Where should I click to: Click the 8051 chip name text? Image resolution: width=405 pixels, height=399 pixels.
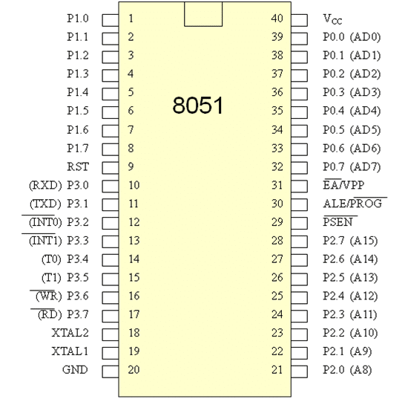pyautogui.click(x=197, y=106)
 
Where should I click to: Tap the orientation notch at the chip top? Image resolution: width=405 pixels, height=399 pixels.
pyautogui.click(x=203, y=14)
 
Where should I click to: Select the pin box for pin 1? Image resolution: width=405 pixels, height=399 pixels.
pyautogui.click(x=111, y=20)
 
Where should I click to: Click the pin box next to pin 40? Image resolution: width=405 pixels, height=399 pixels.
pyautogui.click(x=300, y=20)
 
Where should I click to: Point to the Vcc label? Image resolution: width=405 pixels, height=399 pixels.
pyautogui.click(x=332, y=19)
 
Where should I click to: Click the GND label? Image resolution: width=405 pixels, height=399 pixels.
pyautogui.click(x=75, y=369)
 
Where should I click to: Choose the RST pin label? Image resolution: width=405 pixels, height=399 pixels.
pyautogui.click(x=78, y=166)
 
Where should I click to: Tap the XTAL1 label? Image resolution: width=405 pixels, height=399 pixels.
pyautogui.click(x=70, y=351)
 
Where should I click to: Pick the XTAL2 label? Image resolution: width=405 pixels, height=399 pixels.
pyautogui.click(x=70, y=333)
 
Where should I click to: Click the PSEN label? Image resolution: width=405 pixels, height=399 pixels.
pyautogui.click(x=337, y=221)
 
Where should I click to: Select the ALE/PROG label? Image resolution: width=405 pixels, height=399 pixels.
pyautogui.click(x=352, y=203)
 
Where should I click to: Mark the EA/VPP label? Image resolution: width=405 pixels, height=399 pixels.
pyautogui.click(x=343, y=185)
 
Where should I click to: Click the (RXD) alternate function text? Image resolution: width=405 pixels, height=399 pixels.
pyautogui.click(x=45, y=185)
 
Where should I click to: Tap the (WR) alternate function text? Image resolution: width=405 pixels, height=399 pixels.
pyautogui.click(x=49, y=296)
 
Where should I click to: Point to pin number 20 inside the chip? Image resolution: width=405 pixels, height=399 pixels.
pyautogui.click(x=134, y=369)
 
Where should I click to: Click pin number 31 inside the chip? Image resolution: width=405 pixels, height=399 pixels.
pyautogui.click(x=277, y=185)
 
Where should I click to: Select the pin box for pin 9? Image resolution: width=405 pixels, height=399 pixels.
pyautogui.click(x=111, y=168)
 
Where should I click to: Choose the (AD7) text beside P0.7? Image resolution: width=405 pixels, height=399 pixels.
pyautogui.click(x=365, y=167)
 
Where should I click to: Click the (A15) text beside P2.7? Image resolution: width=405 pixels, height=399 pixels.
pyautogui.click(x=363, y=241)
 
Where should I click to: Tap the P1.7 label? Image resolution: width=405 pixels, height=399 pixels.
pyautogui.click(x=78, y=149)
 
